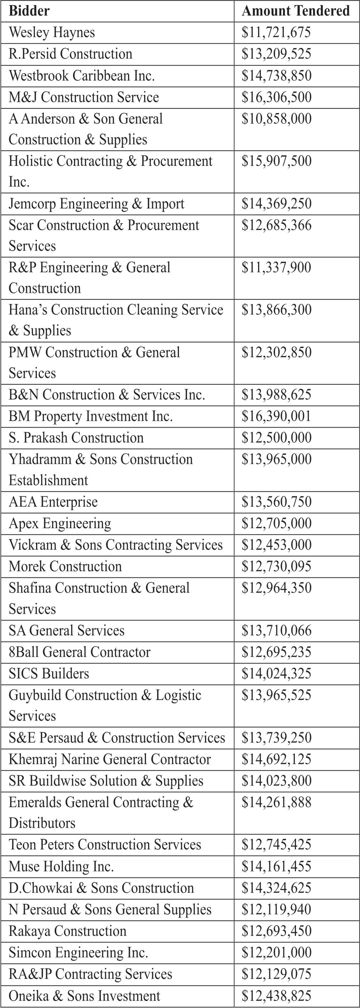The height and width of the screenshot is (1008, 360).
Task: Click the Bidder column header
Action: coord(29,11)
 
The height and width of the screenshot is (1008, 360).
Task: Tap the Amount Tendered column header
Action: coord(296,11)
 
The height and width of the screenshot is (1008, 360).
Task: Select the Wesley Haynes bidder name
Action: coord(52,33)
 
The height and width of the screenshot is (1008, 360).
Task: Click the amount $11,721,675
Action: coord(276,33)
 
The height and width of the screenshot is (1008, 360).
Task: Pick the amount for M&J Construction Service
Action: coord(276,97)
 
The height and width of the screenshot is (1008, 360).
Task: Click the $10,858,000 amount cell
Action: coord(276,119)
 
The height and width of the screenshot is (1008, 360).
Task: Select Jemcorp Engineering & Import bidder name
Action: coord(96,204)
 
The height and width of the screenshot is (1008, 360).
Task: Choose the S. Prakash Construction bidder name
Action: coord(76,438)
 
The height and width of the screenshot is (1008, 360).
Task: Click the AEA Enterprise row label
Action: coord(53,502)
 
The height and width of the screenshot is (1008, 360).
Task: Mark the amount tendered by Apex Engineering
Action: coord(276,524)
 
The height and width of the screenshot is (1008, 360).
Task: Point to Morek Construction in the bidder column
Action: coord(65,566)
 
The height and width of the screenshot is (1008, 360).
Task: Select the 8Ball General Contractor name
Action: coord(79,652)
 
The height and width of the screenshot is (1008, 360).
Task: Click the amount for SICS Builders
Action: coord(276,674)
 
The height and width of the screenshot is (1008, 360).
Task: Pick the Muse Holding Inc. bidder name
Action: coord(61,867)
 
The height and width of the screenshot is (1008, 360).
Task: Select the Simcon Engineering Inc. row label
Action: coord(78,953)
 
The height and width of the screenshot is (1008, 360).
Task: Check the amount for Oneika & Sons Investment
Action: coord(276,996)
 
